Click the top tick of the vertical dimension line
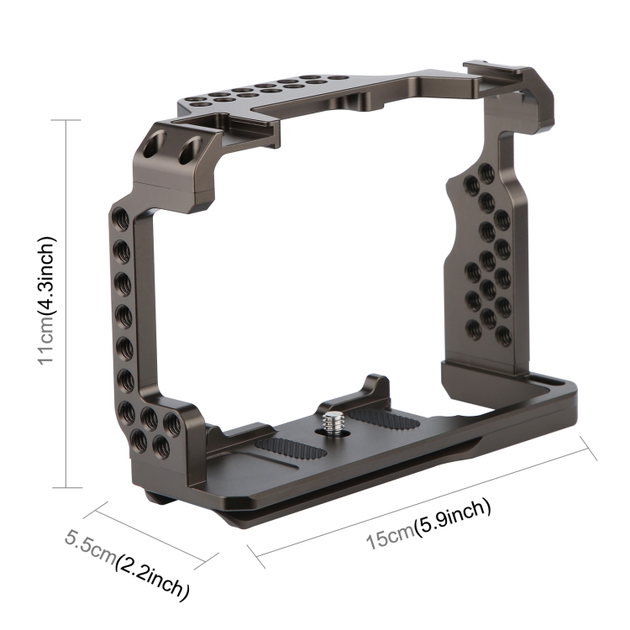click(x=66, y=121)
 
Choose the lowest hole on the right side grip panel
click(x=502, y=335)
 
